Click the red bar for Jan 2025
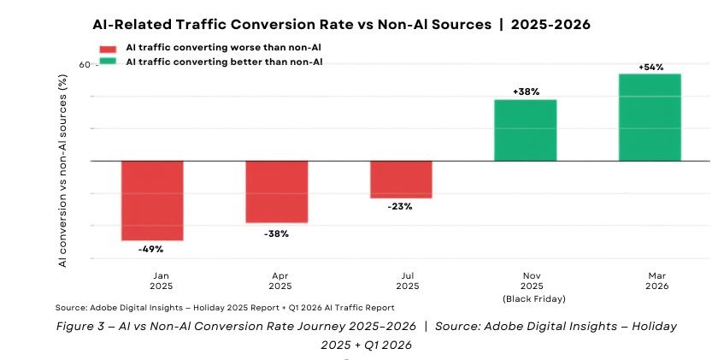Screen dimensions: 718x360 [x=152, y=201]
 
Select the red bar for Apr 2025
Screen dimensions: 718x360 [x=277, y=192]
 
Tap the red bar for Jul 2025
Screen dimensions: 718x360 [x=401, y=180]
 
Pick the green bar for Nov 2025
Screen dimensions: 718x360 [x=526, y=130]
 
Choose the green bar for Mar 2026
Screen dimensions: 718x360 [x=650, y=117]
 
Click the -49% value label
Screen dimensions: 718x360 [x=150, y=249]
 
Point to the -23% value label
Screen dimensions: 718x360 [x=400, y=207]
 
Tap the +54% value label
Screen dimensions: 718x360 [x=650, y=68]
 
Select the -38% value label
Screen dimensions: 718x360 [x=276, y=234]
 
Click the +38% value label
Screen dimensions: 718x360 [x=527, y=91]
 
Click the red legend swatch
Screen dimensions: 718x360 [x=108, y=49]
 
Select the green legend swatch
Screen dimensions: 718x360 [x=108, y=62]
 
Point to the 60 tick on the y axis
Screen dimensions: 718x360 [x=85, y=65]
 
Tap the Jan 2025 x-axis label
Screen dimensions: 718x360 [x=162, y=280]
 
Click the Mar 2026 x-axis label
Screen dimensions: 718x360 [x=657, y=280]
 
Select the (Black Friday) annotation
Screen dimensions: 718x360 [x=534, y=299]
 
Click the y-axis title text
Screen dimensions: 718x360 [x=62, y=171]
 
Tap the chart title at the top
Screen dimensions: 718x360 [x=342, y=24]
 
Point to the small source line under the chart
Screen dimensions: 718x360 [x=225, y=308]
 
